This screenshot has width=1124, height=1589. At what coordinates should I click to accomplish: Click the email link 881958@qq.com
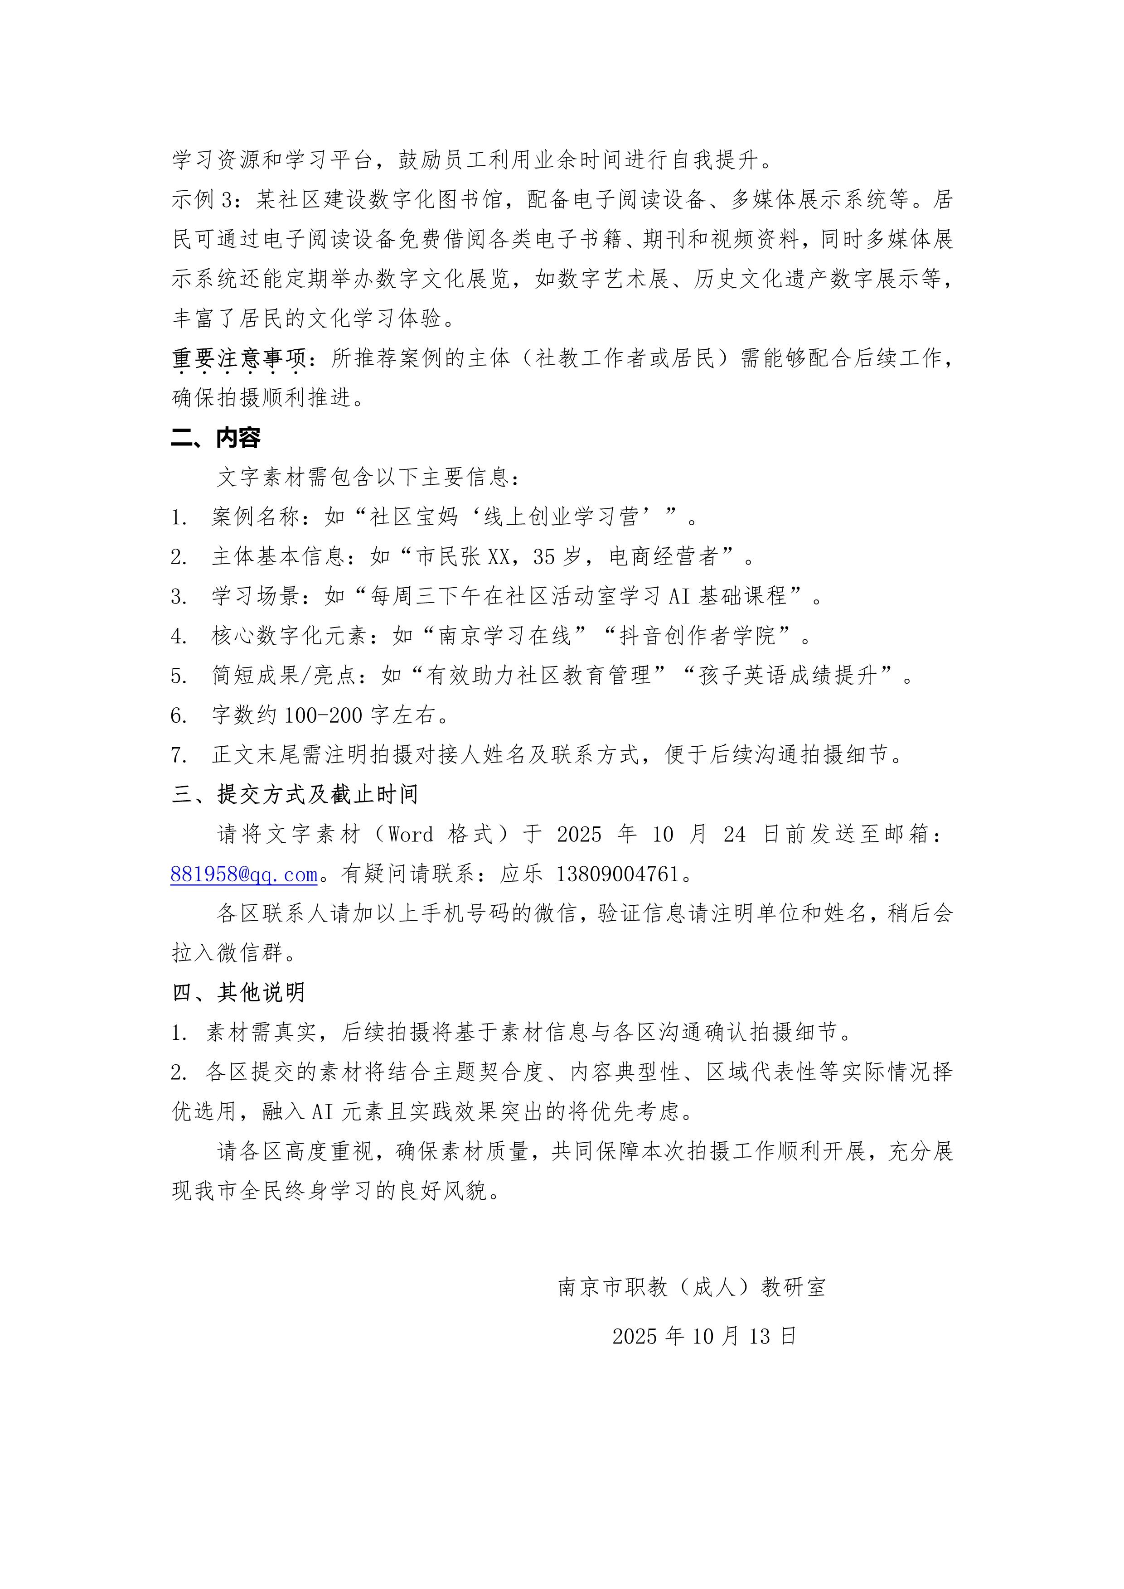point(244,874)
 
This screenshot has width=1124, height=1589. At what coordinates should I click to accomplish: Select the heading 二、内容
point(216,437)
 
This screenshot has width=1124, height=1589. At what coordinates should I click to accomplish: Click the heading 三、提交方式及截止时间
point(295,795)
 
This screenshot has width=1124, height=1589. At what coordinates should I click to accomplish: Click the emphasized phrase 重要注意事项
point(239,358)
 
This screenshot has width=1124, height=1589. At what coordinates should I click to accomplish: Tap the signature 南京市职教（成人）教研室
point(692,1287)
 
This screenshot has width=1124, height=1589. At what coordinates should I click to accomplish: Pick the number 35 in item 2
point(545,556)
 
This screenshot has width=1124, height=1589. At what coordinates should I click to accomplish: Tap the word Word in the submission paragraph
point(411,835)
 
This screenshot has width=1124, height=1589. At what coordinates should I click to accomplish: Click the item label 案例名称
point(255,516)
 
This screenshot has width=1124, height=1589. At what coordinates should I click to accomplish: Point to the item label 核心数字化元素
point(289,635)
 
